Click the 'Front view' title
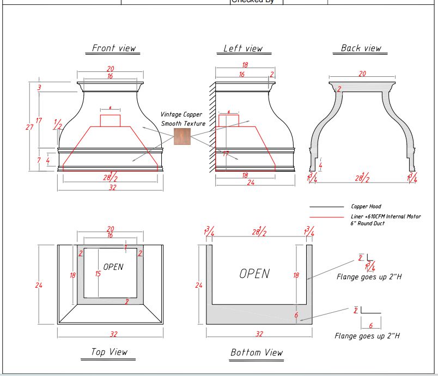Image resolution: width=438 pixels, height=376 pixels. coord(113,48)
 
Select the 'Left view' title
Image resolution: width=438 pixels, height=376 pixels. coord(243,48)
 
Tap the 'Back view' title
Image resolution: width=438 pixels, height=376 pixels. coord(361,48)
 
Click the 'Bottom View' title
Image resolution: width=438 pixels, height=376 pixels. coord(257,353)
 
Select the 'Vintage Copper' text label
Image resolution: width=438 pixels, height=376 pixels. coord(181,114)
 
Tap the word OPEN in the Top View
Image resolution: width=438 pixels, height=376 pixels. coord(113,267)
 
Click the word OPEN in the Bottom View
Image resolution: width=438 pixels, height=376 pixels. coord(254,274)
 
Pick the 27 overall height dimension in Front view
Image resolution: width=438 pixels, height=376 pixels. coord(30,127)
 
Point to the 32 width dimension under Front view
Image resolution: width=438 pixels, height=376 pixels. coord(112,187)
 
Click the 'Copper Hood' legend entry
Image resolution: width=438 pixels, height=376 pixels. coord(366,207)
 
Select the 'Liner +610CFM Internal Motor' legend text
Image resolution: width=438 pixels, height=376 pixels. coord(385,217)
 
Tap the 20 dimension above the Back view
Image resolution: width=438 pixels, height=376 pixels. coord(362,74)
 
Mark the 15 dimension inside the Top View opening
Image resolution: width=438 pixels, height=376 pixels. coord(98,274)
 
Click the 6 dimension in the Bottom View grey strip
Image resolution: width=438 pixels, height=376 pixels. coord(296,316)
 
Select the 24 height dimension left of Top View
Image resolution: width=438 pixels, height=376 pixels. coord(39,286)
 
